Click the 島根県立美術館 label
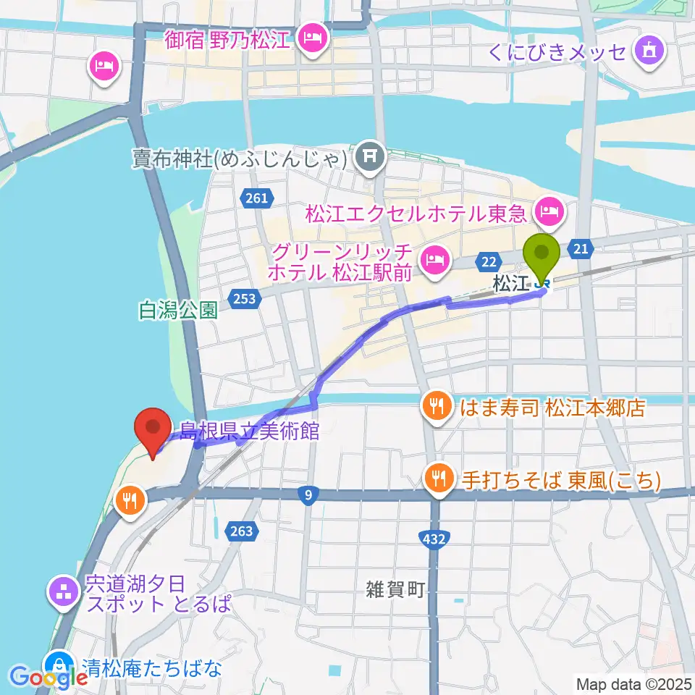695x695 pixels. [x=249, y=431]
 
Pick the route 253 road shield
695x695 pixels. [x=245, y=298]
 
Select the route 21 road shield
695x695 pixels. [x=582, y=248]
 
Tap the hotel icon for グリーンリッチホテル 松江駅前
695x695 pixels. [x=434, y=258]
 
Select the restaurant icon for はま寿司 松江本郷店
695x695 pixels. [x=437, y=407]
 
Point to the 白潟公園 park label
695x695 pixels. [x=178, y=311]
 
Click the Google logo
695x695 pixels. [x=49, y=678]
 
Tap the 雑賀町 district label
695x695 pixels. [x=395, y=590]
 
